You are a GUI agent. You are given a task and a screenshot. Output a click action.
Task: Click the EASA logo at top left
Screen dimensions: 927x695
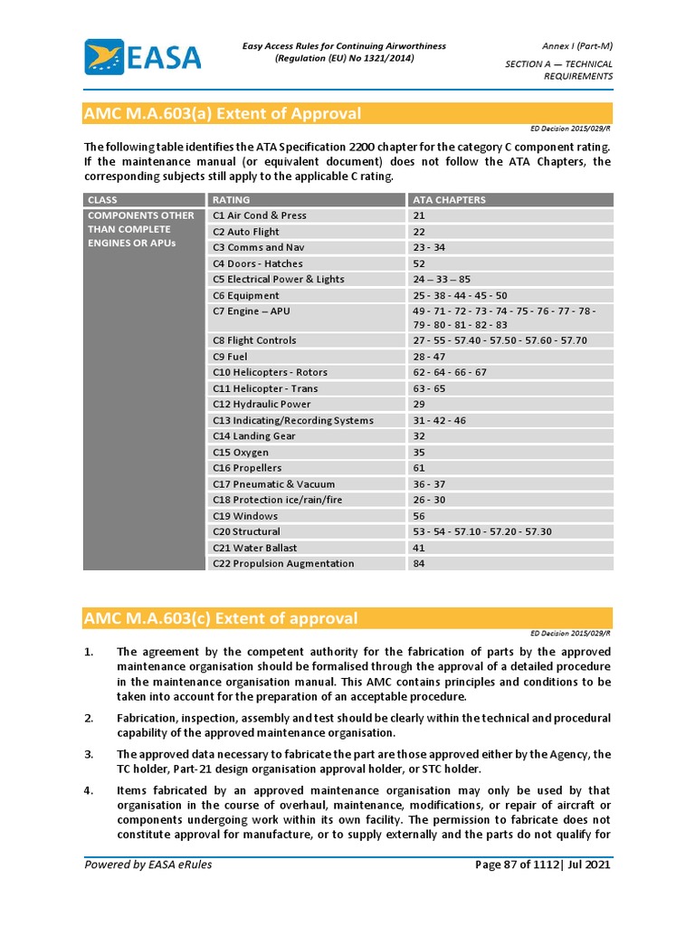pyautogui.click(x=142, y=57)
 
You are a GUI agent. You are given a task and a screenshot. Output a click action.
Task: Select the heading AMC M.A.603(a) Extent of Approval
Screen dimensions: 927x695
pyautogui.click(x=223, y=114)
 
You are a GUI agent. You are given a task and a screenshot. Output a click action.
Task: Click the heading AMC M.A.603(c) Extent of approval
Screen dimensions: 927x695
pyautogui.click(x=221, y=619)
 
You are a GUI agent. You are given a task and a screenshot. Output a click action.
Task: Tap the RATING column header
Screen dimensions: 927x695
pyautogui.click(x=232, y=200)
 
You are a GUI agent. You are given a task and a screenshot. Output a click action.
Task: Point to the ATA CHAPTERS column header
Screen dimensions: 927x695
pyautogui.click(x=449, y=200)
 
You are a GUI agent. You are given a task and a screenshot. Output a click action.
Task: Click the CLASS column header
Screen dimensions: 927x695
pyautogui.click(x=102, y=200)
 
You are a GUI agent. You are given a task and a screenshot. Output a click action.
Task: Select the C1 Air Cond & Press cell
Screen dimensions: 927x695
pyautogui.click(x=260, y=215)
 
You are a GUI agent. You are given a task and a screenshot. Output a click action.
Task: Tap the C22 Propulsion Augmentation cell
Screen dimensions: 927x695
pyautogui.click(x=283, y=563)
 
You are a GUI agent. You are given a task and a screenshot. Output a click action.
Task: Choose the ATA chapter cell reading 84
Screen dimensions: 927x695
pyautogui.click(x=419, y=563)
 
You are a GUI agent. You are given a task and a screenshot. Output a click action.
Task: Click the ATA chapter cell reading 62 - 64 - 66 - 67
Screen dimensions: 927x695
pyautogui.click(x=450, y=372)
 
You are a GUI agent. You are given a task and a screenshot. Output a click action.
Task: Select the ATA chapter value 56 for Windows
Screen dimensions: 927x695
pyautogui.click(x=419, y=516)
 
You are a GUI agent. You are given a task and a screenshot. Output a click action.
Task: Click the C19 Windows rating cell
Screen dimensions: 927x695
pyautogui.click(x=245, y=516)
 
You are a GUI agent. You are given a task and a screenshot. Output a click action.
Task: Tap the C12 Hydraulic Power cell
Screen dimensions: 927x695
pyautogui.click(x=262, y=405)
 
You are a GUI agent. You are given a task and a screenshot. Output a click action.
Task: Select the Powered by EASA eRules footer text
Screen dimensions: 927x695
pyautogui.click(x=148, y=865)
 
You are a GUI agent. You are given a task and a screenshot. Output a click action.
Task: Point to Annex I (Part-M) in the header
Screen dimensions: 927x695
pyautogui.click(x=578, y=46)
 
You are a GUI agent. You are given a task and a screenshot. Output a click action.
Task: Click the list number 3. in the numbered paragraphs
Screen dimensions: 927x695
pyautogui.click(x=89, y=754)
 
